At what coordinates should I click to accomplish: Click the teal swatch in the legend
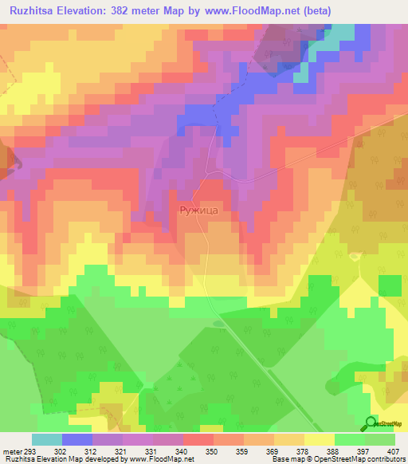[47, 439]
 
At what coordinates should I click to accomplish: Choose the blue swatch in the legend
[77, 439]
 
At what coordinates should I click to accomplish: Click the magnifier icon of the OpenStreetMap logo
[370, 423]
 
